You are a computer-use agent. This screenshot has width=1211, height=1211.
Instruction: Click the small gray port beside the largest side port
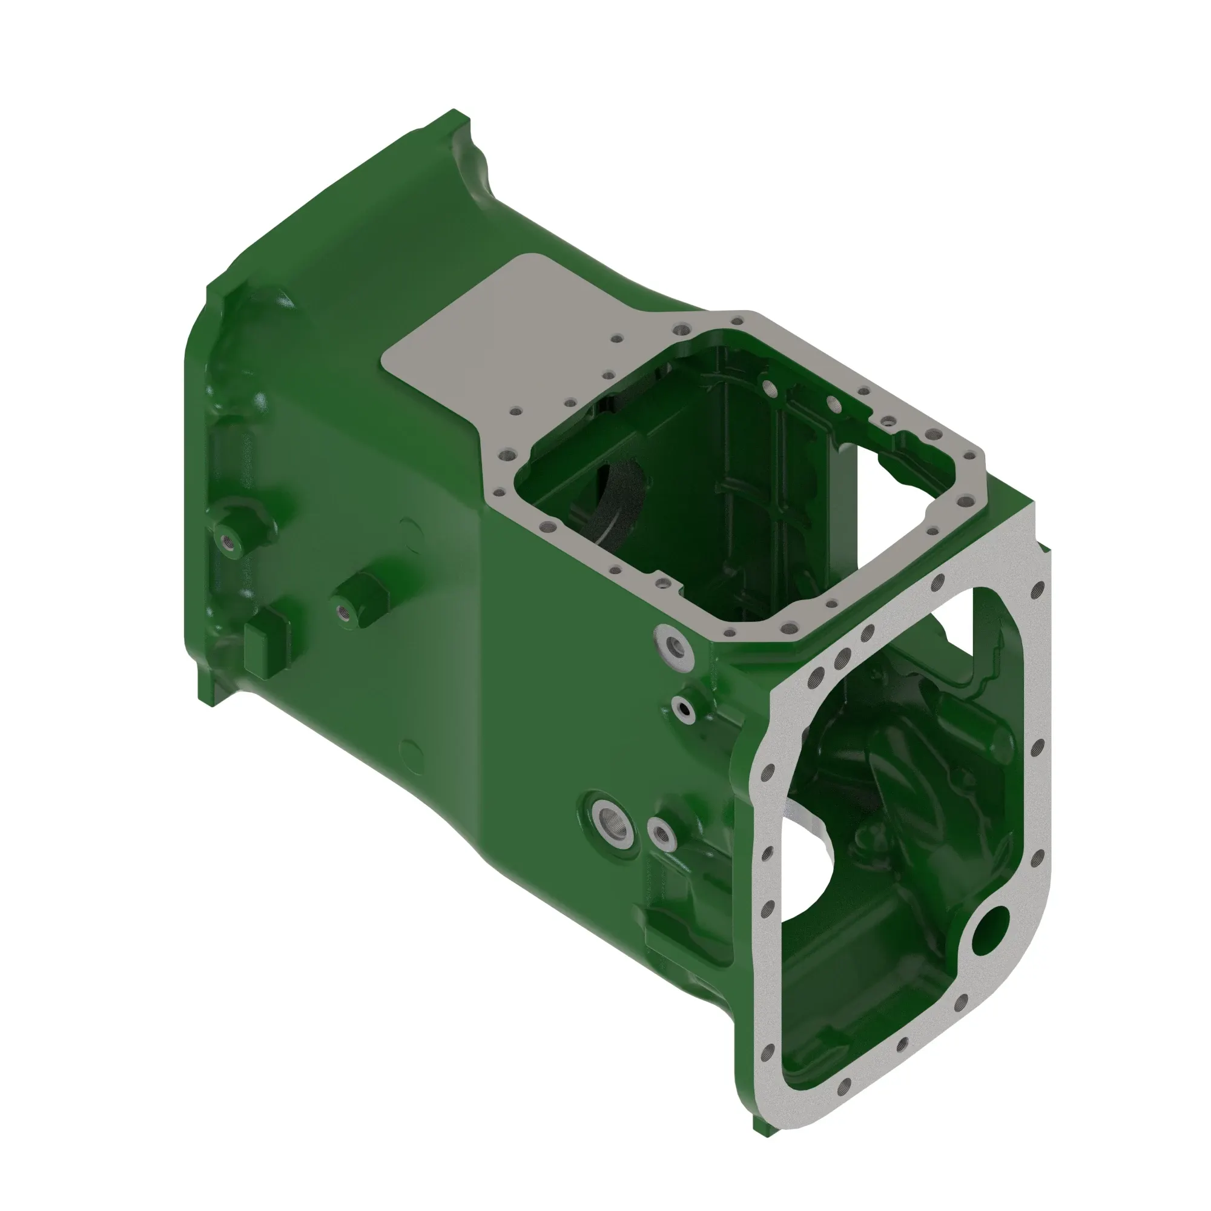click(x=661, y=833)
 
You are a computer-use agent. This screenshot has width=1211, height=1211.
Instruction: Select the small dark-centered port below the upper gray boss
click(x=683, y=709)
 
